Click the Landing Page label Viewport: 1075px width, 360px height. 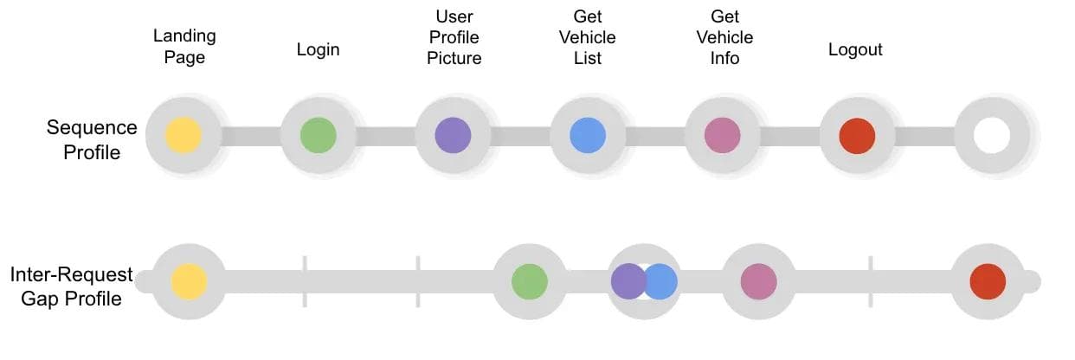(x=184, y=47)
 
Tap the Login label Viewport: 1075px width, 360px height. (x=319, y=49)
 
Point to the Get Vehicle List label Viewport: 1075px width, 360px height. (x=588, y=38)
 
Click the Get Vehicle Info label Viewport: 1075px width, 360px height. (x=724, y=38)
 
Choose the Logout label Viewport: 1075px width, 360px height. (x=855, y=49)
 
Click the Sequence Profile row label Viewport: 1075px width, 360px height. (x=92, y=139)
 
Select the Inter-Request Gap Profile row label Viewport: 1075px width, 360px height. (x=72, y=286)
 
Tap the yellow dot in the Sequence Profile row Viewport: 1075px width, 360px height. (x=183, y=136)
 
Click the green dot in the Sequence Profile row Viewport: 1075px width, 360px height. (x=318, y=136)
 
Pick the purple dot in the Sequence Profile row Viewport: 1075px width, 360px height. (x=453, y=136)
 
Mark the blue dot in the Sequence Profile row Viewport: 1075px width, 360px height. (x=587, y=136)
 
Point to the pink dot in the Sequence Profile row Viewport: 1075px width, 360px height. (x=722, y=136)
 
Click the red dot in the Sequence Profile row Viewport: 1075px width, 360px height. (x=857, y=136)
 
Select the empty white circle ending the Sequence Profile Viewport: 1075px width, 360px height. (x=992, y=136)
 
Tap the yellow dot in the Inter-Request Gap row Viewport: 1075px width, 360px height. (x=189, y=282)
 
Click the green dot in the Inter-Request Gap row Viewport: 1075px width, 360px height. (x=530, y=282)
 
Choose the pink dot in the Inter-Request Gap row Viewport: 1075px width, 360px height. (x=758, y=282)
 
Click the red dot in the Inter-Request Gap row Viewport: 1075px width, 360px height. (x=988, y=282)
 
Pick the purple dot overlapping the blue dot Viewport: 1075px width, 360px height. (x=626, y=282)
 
